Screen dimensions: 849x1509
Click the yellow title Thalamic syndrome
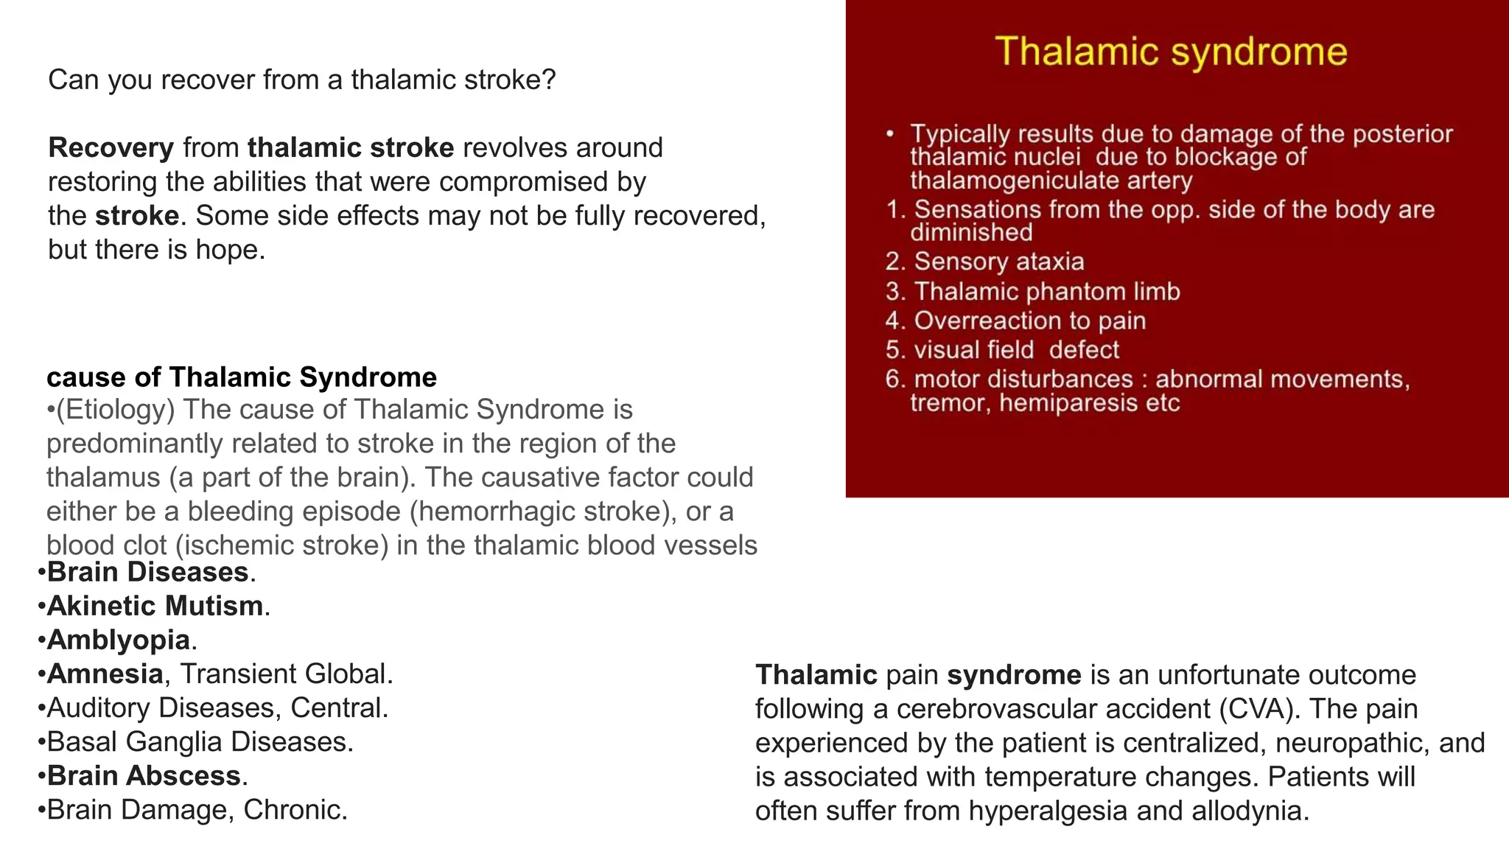point(1171,52)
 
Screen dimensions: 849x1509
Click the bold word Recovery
point(111,148)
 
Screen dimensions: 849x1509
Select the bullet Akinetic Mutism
point(155,607)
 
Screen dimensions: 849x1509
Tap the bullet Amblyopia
point(118,640)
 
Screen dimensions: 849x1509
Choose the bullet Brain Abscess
point(144,776)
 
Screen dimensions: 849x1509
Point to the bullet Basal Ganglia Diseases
point(199,742)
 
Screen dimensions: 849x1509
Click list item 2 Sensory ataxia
point(998,262)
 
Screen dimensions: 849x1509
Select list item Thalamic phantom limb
point(1046,292)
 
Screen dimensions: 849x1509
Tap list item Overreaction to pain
point(1029,321)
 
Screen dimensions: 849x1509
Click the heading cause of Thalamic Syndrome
point(242,377)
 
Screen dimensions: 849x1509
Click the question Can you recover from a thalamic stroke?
point(301,80)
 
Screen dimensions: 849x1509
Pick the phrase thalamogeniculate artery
point(1051,181)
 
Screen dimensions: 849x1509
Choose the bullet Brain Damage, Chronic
point(196,810)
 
